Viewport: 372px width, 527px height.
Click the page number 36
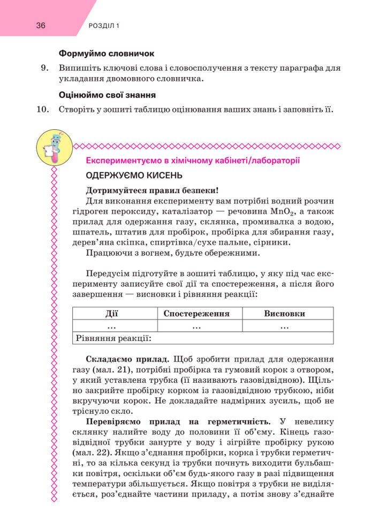(41, 25)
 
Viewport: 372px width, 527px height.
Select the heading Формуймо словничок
(107, 54)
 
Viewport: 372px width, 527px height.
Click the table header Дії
(113, 313)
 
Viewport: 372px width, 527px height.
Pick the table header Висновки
(284, 313)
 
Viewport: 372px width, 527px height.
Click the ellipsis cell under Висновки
(284, 325)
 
